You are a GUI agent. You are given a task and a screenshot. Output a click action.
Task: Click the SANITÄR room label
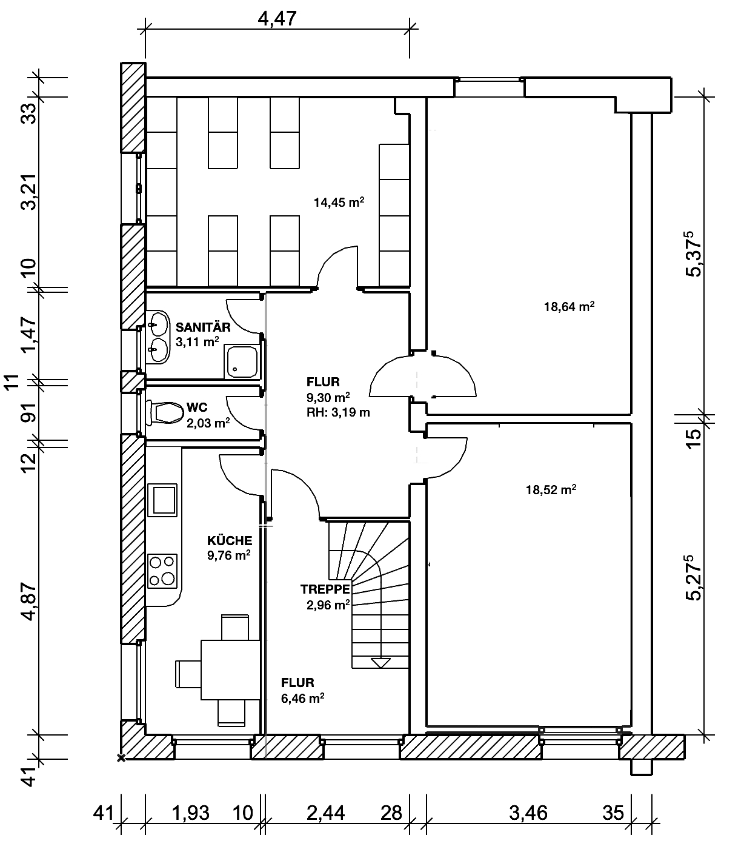(203, 327)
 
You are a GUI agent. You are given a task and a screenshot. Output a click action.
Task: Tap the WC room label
(197, 407)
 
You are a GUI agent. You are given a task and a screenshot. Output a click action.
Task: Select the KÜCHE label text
(230, 541)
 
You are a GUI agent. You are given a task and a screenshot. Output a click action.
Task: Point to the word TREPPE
(325, 589)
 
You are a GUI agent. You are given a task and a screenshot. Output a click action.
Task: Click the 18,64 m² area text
(569, 306)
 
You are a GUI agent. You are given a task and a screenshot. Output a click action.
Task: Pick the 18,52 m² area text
(551, 489)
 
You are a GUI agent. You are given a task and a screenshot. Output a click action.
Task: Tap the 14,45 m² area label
(339, 203)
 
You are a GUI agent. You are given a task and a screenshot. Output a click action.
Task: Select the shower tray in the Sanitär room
(242, 361)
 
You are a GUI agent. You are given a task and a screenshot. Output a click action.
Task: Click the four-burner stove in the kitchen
(162, 571)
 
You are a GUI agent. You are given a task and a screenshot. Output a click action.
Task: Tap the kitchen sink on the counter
(162, 500)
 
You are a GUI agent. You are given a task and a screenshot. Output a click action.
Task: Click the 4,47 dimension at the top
(277, 19)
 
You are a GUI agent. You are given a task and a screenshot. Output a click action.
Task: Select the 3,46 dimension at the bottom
(528, 813)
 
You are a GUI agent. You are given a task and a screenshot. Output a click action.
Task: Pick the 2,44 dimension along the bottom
(326, 813)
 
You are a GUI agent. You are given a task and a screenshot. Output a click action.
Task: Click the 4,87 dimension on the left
(29, 601)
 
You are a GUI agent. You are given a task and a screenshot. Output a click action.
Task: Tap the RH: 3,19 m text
(338, 412)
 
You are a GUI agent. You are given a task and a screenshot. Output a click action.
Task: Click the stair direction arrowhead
(380, 663)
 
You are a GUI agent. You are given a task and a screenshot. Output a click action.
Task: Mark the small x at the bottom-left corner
(121, 757)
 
